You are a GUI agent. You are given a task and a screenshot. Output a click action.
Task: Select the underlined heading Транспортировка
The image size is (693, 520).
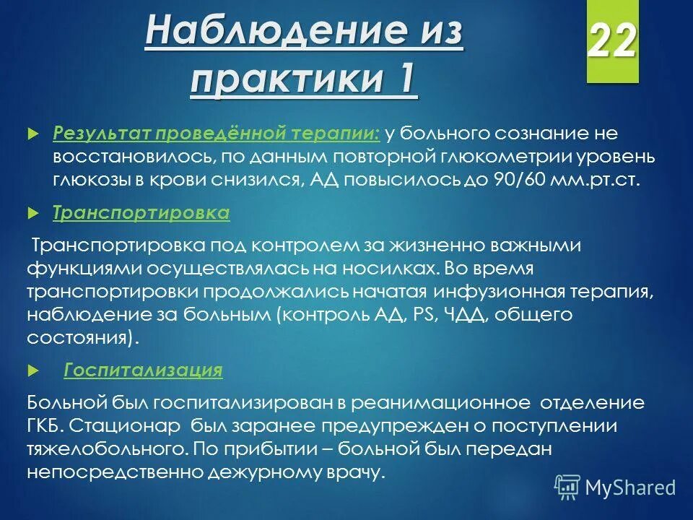pos(141,213)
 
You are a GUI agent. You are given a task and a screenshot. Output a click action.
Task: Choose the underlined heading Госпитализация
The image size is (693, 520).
pos(143,370)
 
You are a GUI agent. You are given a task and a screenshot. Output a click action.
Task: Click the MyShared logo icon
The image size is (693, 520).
pos(567,487)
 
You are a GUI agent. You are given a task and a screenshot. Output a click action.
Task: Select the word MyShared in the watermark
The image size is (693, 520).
pos(630,487)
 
